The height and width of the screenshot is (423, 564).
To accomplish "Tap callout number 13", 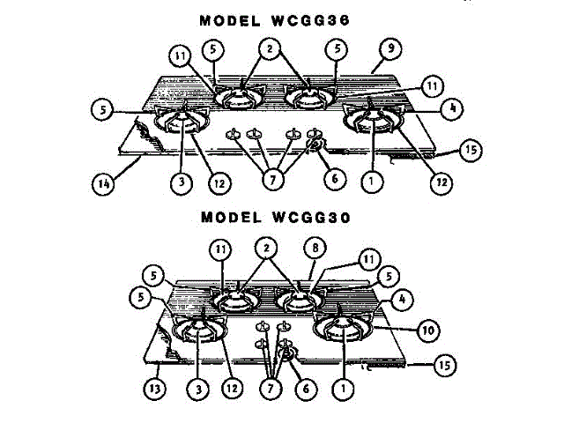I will (x=157, y=385).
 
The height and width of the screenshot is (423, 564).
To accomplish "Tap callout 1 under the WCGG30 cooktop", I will (x=340, y=385).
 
